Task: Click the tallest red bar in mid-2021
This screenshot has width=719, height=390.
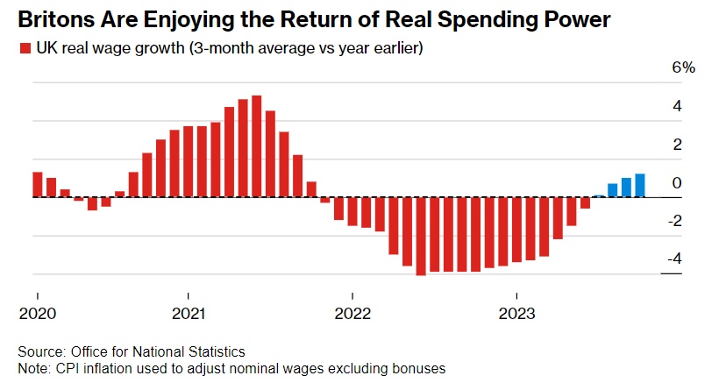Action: click(x=256, y=145)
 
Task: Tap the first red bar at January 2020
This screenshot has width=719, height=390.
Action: click(x=38, y=184)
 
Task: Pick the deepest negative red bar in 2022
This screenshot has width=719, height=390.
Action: click(x=421, y=237)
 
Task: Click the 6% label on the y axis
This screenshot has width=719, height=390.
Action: click(x=683, y=68)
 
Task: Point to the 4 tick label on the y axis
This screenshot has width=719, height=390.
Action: click(x=677, y=106)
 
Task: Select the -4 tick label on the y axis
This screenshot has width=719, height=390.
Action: click(x=673, y=259)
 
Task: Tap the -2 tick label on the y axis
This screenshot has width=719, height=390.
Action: click(x=673, y=221)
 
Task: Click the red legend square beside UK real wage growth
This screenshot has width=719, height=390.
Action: click(x=25, y=50)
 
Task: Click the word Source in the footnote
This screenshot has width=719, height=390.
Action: click(x=40, y=351)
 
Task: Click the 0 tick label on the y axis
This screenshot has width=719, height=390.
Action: click(x=677, y=182)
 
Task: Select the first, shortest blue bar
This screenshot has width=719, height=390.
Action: click(x=599, y=195)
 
